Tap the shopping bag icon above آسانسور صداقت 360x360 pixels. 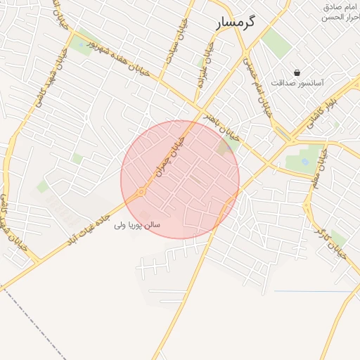point(297,72)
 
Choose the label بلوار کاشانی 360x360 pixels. point(323,106)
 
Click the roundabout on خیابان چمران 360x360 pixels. point(141,191)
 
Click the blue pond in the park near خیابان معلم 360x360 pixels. point(304,161)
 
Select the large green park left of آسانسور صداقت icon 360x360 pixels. point(277,43)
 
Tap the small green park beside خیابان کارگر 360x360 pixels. point(338,237)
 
